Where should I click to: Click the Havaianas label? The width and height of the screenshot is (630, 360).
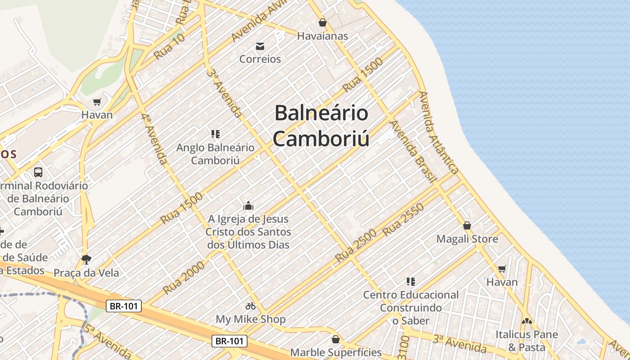pyautogui.click(x=322, y=36)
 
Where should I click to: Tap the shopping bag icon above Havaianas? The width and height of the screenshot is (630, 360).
pyautogui.click(x=322, y=22)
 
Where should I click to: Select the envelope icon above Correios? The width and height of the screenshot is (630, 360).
pyautogui.click(x=260, y=46)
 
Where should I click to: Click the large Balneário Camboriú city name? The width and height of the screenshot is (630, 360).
pyautogui.click(x=321, y=126)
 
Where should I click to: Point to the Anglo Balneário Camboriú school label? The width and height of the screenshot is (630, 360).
pyautogui.click(x=215, y=153)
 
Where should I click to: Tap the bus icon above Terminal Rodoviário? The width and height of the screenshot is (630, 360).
pyautogui.click(x=38, y=172)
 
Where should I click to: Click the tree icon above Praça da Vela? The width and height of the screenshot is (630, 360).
pyautogui.click(x=86, y=259)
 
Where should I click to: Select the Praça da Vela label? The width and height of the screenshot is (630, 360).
pyautogui.click(x=86, y=273)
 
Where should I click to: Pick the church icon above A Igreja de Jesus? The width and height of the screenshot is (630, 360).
pyautogui.click(x=248, y=206)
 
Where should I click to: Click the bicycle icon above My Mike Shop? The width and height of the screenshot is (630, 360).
pyautogui.click(x=251, y=306)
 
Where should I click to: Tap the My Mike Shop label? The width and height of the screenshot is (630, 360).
pyautogui.click(x=251, y=319)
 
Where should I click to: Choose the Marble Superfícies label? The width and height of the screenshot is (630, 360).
pyautogui.click(x=336, y=352)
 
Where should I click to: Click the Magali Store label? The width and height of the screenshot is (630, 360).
pyautogui.click(x=467, y=239)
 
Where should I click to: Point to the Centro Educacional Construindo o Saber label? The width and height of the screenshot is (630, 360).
pyautogui.click(x=410, y=308)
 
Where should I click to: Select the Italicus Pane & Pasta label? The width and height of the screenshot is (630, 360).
pyautogui.click(x=526, y=341)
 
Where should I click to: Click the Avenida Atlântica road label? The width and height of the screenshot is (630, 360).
pyautogui.click(x=439, y=133)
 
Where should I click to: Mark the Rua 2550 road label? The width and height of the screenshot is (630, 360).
pyautogui.click(x=403, y=220)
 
